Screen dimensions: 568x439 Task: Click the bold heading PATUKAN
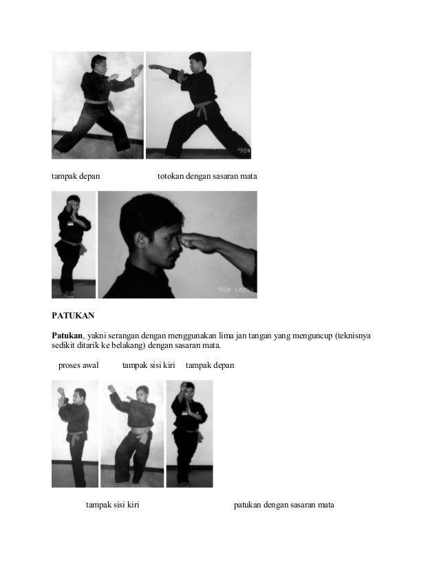[x=73, y=317]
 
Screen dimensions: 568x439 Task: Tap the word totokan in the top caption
[x=173, y=177]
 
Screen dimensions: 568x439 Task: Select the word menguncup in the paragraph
[x=308, y=335]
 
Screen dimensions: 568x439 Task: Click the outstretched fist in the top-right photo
[x=153, y=67]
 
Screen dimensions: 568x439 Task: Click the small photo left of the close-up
[x=74, y=244]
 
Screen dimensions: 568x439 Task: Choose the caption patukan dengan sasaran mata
[x=283, y=505]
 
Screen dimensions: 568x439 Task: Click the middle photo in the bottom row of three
[x=132, y=433]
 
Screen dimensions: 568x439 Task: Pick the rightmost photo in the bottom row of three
[x=189, y=433]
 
